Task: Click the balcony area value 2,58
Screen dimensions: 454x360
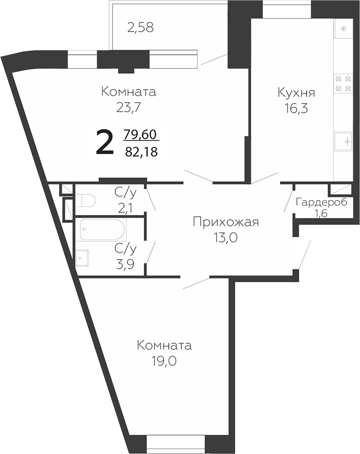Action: click(140, 28)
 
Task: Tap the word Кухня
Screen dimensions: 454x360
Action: click(296, 93)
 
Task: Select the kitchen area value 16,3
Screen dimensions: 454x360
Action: click(296, 108)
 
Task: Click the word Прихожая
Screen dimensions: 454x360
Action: click(225, 222)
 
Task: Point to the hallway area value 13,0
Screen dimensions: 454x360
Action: click(225, 238)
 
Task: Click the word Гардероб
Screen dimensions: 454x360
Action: click(321, 202)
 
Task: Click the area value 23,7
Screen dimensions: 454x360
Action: click(128, 108)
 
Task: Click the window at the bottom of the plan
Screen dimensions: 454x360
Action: click(176, 443)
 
